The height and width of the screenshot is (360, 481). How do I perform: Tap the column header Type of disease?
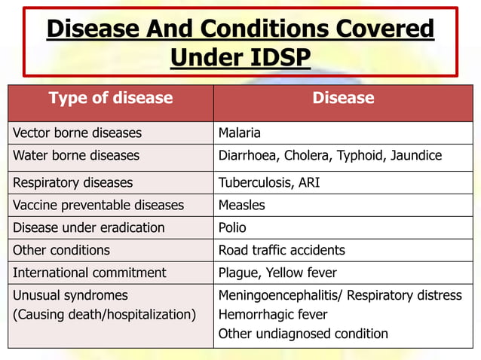[x=111, y=98]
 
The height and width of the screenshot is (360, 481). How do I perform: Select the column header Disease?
[x=343, y=98]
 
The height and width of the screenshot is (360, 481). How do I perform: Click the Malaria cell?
[x=239, y=133]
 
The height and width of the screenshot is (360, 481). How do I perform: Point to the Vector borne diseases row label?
[x=77, y=133]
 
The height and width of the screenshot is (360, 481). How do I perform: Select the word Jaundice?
[x=416, y=156]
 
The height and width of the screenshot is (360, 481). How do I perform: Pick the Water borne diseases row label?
[x=76, y=156]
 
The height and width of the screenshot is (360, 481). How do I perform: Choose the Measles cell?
[x=241, y=205]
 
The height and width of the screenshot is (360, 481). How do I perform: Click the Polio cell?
[x=232, y=227]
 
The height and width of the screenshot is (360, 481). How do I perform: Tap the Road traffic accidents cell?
[x=281, y=250]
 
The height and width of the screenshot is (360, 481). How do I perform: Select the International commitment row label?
[x=90, y=273]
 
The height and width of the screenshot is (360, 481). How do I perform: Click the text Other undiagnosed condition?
[x=303, y=334]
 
